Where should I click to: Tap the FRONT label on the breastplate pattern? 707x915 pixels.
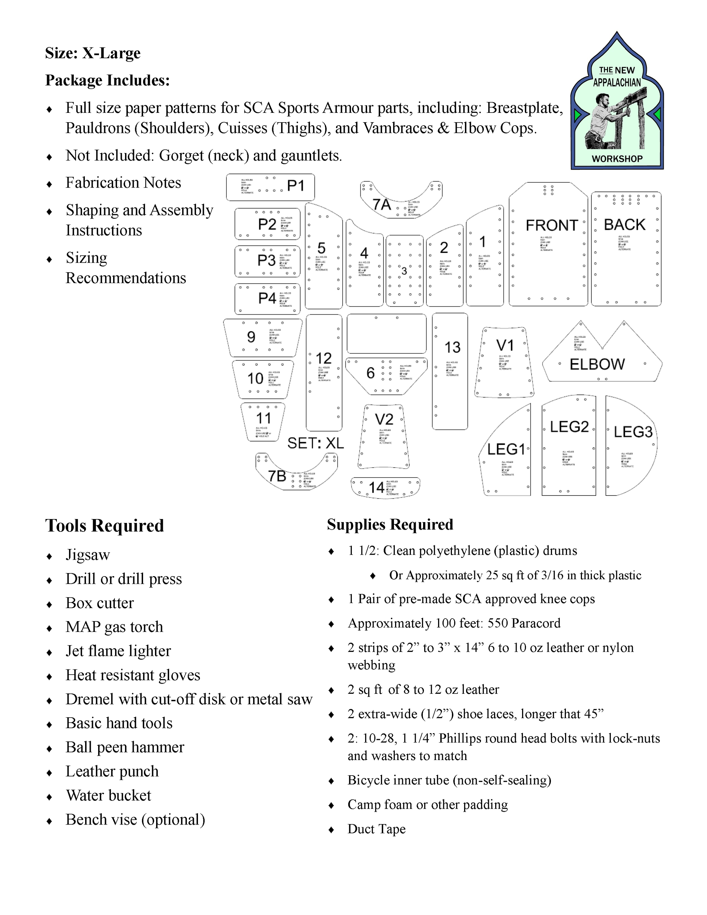tap(552, 225)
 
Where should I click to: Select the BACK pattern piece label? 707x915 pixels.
tap(624, 225)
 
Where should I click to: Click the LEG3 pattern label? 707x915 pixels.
tap(633, 432)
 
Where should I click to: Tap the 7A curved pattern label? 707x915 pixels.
tap(381, 204)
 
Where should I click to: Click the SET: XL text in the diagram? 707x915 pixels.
tap(315, 443)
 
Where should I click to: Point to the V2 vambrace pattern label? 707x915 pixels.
tap(384, 419)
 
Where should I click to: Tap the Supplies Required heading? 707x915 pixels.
tap(390, 524)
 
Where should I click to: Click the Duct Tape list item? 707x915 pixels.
tap(376, 829)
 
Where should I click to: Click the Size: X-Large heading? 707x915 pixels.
tap(92, 53)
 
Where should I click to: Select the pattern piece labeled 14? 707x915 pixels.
tap(376, 488)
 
